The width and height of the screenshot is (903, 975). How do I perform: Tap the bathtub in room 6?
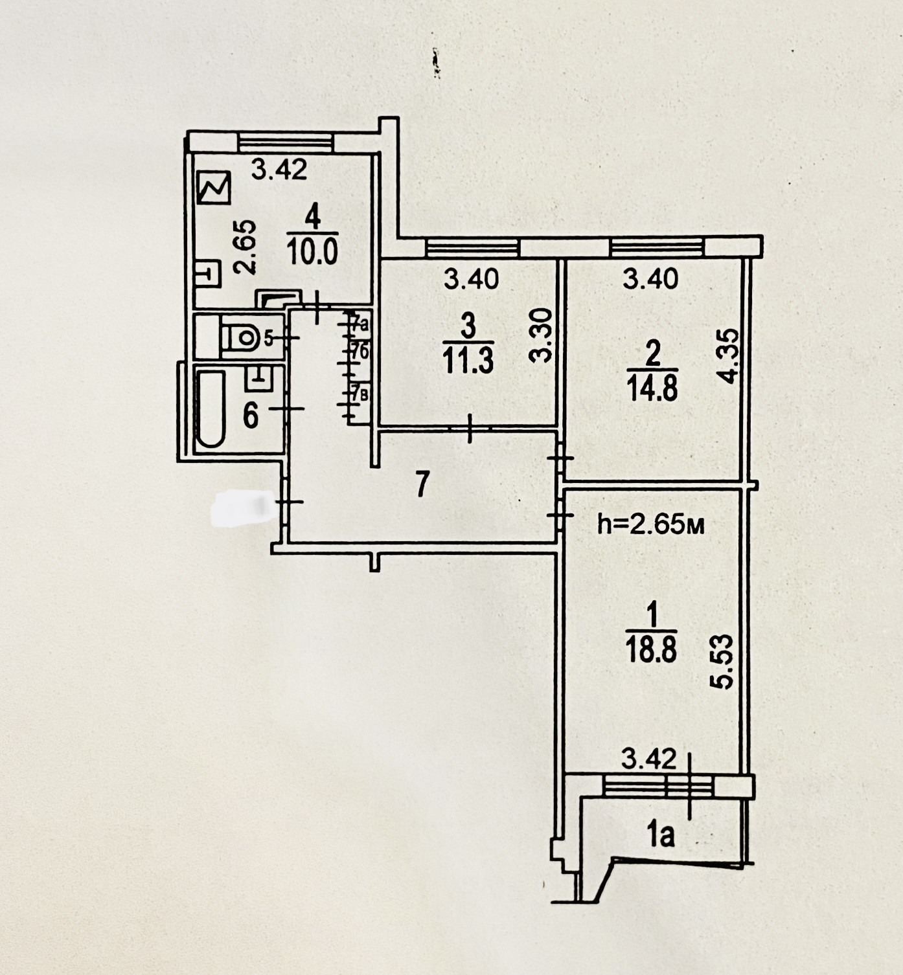pos(211,409)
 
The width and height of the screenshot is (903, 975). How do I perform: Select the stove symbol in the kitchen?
pos(214,188)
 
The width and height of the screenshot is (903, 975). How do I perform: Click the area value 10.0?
pos(312,251)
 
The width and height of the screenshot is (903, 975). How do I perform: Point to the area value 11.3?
pos(468,360)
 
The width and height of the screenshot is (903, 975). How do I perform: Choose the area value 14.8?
pos(652,390)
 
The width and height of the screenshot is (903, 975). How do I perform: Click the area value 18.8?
pos(652,649)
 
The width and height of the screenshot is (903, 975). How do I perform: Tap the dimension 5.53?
pos(724,662)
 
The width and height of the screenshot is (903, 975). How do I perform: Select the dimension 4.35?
pos(729,357)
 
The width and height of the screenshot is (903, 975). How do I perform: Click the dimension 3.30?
pos(542,335)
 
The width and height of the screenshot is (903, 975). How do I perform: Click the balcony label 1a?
pos(661,835)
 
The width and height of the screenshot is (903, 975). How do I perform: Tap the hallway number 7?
pos(422,484)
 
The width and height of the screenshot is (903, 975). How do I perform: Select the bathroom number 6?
pos(251,415)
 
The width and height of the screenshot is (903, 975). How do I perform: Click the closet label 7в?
pos(360,393)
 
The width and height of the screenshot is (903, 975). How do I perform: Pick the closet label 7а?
pos(360,321)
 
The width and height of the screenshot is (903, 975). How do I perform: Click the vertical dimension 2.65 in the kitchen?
pos(248,247)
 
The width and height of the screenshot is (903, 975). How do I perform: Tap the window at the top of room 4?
pos(286,142)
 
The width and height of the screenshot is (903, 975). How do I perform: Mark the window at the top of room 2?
pos(657,247)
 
